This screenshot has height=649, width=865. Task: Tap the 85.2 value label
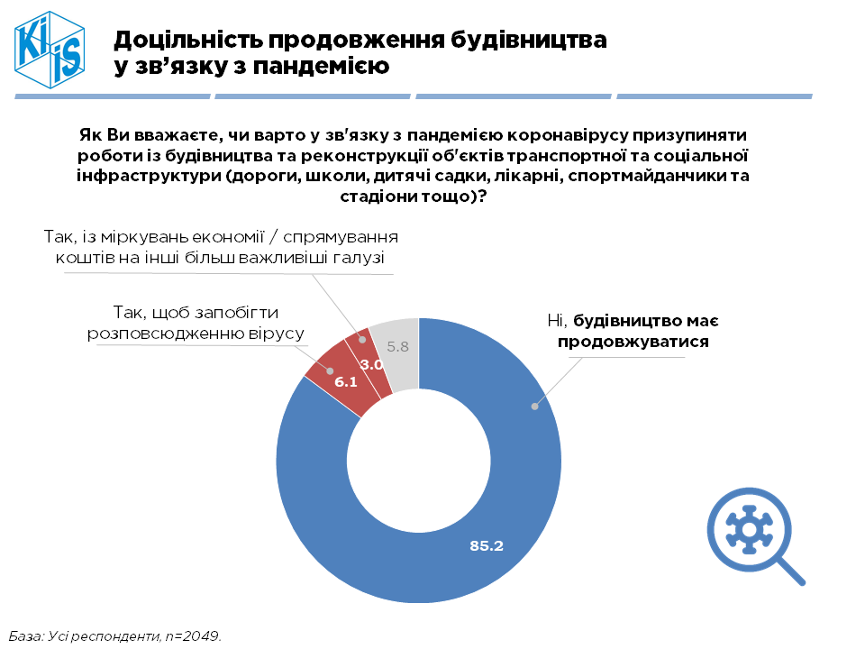pyautogui.click(x=486, y=545)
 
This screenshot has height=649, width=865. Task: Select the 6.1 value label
pyautogui.click(x=347, y=382)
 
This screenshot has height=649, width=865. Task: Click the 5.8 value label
pyautogui.click(x=397, y=346)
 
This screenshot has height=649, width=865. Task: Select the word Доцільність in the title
pyautogui.click(x=185, y=40)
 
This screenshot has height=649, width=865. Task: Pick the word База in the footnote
pyautogui.click(x=26, y=635)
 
